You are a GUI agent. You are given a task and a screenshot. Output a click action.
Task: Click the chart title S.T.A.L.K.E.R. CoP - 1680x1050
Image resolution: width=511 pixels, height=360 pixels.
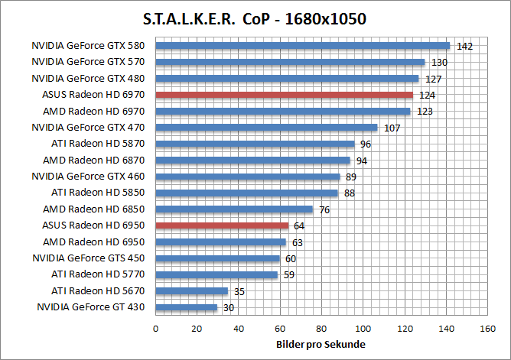click(255, 19)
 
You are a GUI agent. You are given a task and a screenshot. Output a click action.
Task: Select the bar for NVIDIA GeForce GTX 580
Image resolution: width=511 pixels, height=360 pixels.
click(302, 46)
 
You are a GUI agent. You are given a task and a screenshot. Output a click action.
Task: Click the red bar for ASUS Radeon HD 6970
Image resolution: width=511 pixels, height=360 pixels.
click(284, 95)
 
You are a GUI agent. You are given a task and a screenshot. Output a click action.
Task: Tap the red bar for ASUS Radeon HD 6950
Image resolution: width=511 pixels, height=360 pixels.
click(222, 225)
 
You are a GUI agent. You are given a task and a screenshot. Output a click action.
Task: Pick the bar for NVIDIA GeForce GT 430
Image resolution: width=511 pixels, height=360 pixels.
click(187, 307)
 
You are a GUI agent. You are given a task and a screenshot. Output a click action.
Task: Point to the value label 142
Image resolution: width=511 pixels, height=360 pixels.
click(464, 47)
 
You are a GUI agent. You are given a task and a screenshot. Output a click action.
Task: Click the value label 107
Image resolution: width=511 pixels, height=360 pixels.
click(392, 128)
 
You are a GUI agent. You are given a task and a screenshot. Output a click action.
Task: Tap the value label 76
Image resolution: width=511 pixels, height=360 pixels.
click(324, 209)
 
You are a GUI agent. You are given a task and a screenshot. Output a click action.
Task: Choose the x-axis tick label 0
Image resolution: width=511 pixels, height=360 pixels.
click(156, 329)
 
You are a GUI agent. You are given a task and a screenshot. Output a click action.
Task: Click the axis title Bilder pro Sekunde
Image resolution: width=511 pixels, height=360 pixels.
click(321, 345)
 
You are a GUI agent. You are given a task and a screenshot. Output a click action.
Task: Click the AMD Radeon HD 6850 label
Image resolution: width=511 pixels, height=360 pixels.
click(99, 209)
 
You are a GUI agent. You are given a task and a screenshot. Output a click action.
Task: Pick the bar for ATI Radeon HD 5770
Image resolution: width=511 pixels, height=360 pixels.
click(216, 274)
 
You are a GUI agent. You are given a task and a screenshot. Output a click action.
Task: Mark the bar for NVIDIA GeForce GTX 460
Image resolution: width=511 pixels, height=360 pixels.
click(248, 177)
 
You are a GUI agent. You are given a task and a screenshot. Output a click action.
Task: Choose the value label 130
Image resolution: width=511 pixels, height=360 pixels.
click(439, 63)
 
